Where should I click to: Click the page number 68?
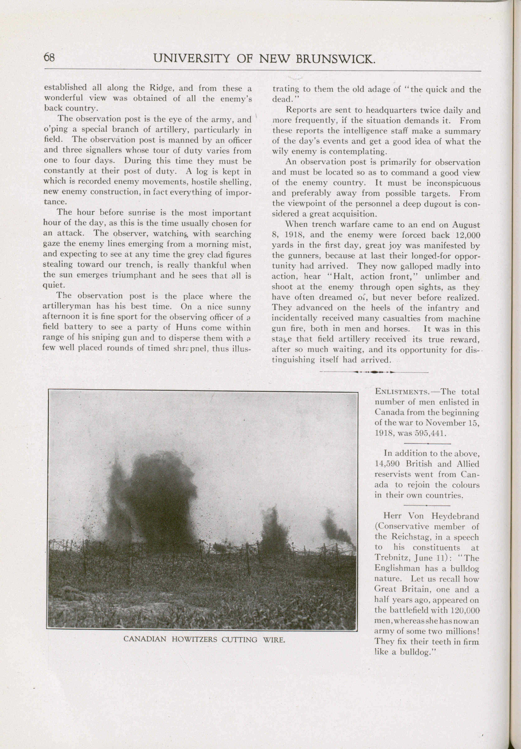coord(49,58)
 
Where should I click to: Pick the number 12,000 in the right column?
coord(467,235)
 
